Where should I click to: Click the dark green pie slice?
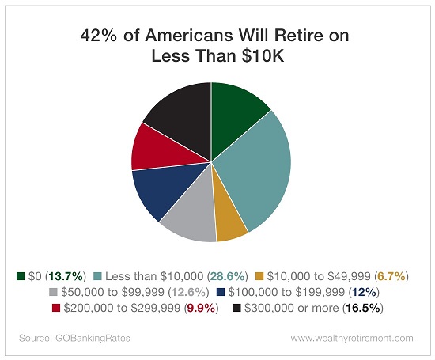pyautogui.click(x=234, y=116)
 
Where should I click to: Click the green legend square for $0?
pyautogui.click(x=21, y=276)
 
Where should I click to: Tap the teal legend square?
pyautogui.click(x=98, y=276)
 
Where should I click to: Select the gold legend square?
pyautogui.click(x=259, y=276)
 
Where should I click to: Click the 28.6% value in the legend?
pyautogui.click(x=227, y=276)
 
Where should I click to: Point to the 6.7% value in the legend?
pyautogui.click(x=391, y=276)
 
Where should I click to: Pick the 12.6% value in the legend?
pyautogui.click(x=189, y=292)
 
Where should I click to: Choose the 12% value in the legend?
pyautogui.click(x=365, y=292)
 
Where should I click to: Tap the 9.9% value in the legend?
pyautogui.click(x=201, y=308)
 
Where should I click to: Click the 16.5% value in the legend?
pyautogui.click(x=362, y=308)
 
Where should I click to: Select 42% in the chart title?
pyautogui.click(x=99, y=36)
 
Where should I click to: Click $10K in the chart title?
pyautogui.click(x=263, y=55)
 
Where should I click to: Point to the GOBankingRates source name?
pyautogui.click(x=93, y=339)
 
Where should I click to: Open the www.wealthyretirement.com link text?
pyautogui.click(x=352, y=339)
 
